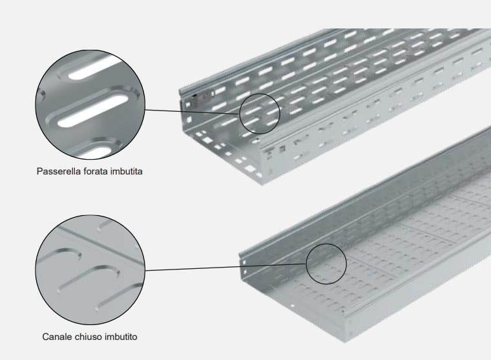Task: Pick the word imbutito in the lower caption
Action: pos(121,337)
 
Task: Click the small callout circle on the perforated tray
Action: pos(260,114)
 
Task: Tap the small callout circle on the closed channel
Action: pos(326,264)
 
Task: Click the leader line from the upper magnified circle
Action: pos(193,112)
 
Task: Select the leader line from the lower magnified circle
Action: pos(225,267)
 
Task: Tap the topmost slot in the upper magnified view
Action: pos(94,68)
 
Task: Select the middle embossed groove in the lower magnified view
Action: pos(89,278)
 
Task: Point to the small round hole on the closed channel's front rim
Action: pos(292,306)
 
